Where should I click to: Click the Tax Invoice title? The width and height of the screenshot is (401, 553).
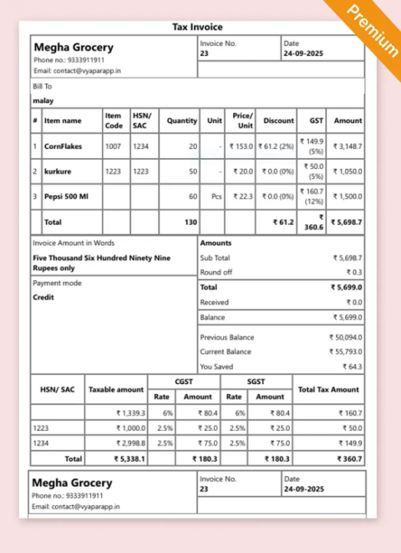pos(198,27)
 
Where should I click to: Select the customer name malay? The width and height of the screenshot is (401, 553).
pos(43,100)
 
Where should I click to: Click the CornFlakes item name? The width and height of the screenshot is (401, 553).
pos(63,146)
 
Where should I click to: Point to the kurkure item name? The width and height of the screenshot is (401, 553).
pos(58,172)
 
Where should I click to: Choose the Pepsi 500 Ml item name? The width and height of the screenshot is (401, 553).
pos(66,197)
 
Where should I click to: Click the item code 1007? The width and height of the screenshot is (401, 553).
pos(113,146)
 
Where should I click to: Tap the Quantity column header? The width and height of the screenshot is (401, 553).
pos(181,120)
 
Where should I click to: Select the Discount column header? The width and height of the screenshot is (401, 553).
pos(278,120)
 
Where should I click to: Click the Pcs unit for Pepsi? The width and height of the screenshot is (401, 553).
pos(216,197)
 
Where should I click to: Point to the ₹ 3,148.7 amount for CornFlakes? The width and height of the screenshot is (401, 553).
pos(347,146)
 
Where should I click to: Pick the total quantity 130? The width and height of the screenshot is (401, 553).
pos(190,223)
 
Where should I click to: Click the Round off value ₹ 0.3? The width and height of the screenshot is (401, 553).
pos(354,273)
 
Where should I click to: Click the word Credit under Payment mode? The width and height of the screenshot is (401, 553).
pos(43,297)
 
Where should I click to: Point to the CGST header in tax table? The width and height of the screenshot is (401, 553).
pos(184,381)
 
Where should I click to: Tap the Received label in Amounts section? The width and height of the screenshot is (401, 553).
pos(214,302)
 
